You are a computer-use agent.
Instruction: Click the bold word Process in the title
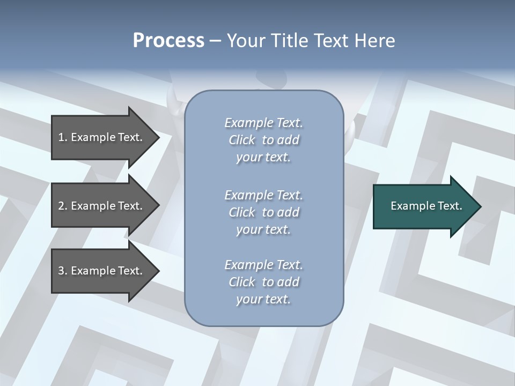click(x=168, y=41)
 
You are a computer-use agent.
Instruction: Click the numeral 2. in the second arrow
click(x=62, y=206)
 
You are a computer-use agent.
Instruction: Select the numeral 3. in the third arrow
click(x=62, y=271)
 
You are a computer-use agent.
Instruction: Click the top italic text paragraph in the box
click(x=263, y=140)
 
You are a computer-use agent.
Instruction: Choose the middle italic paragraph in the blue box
click(x=263, y=212)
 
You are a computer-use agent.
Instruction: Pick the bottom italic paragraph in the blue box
click(x=263, y=282)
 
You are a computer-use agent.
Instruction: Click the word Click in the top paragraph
click(x=241, y=140)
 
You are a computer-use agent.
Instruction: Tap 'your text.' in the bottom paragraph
click(x=263, y=299)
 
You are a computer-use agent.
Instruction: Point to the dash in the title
click(x=216, y=41)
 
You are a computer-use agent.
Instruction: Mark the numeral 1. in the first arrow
click(x=62, y=137)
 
